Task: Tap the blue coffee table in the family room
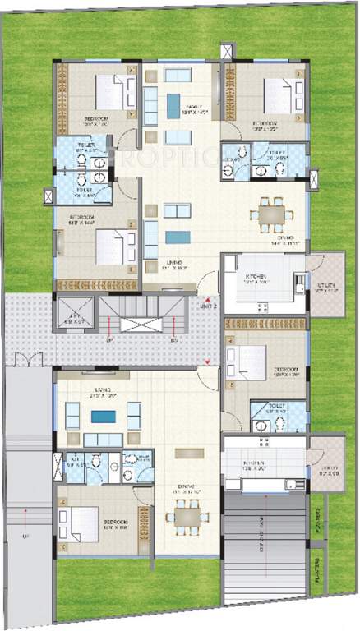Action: point(173,104)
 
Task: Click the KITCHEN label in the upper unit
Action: point(254,278)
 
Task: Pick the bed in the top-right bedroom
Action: point(280,97)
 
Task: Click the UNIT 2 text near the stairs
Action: point(209,305)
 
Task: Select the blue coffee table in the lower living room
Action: point(104,417)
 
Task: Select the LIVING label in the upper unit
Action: point(172,264)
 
